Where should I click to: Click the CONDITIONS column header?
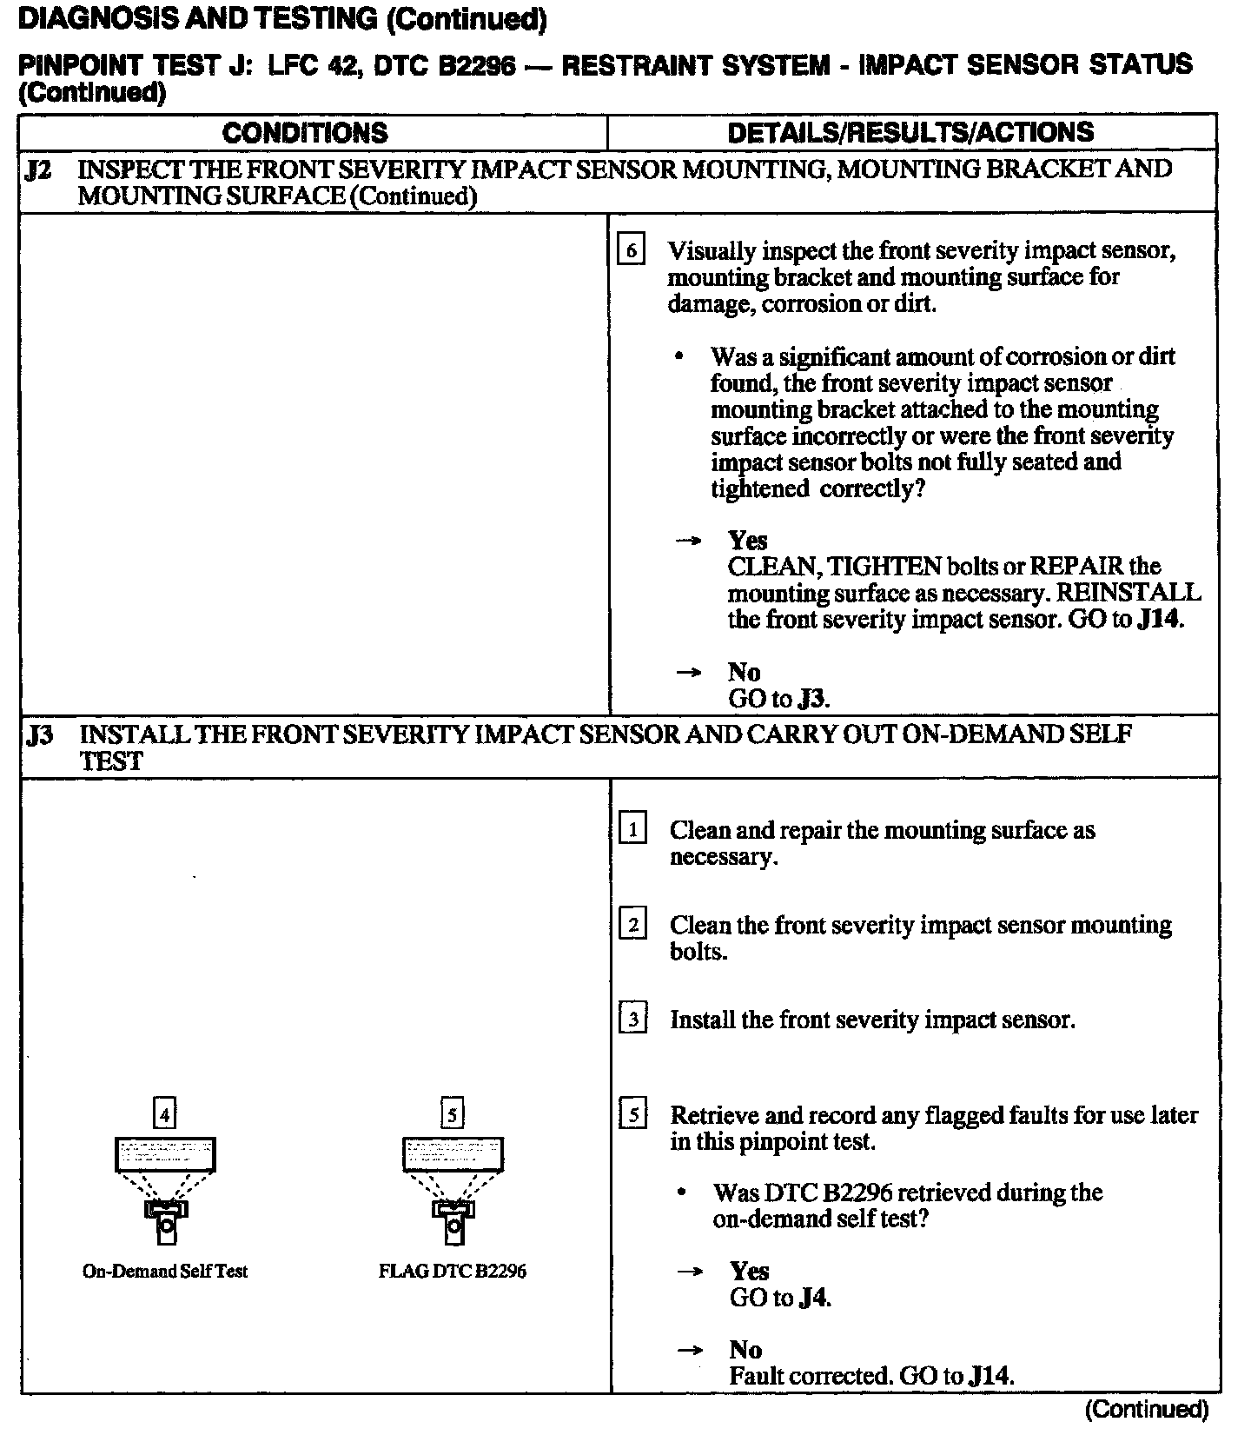click(305, 132)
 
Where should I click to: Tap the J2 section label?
click(37, 169)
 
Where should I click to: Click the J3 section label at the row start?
click(39, 735)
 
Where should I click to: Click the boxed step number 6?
click(631, 251)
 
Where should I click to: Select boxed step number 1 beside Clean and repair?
click(632, 830)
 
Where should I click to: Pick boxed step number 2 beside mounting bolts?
click(632, 925)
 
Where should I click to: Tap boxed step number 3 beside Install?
click(632, 1019)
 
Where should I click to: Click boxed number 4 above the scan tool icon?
click(164, 1113)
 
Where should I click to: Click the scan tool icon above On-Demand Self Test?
click(165, 1190)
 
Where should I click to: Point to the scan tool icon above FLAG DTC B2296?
click(453, 1190)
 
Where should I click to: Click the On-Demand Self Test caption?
click(165, 1271)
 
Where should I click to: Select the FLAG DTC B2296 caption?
click(453, 1271)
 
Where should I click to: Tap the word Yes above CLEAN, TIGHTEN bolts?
click(747, 541)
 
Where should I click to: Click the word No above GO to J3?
click(744, 672)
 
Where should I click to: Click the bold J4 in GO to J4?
click(813, 1298)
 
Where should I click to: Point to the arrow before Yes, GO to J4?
click(689, 1272)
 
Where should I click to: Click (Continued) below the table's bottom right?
click(1146, 1409)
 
